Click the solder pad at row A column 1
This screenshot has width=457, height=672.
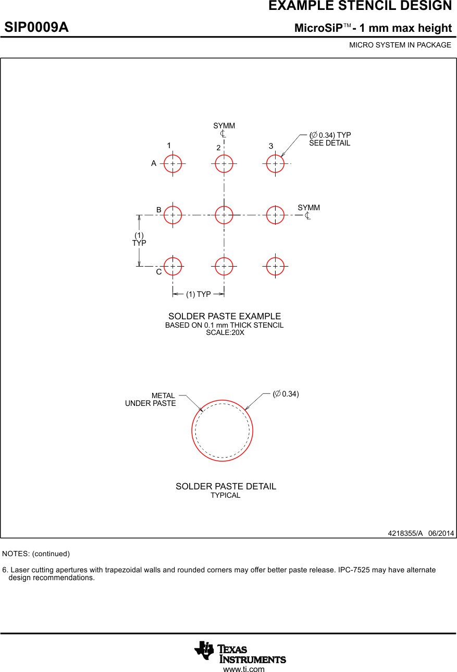click(x=172, y=163)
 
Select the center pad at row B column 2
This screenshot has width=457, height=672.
click(x=224, y=214)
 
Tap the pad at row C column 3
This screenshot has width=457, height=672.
click(x=275, y=266)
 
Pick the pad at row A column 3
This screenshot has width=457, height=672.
click(x=275, y=163)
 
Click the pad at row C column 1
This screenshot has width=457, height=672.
click(x=172, y=266)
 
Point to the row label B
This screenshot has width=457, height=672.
click(x=159, y=210)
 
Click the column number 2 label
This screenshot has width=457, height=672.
click(x=219, y=148)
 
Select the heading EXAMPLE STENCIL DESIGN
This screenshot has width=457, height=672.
click(x=360, y=6)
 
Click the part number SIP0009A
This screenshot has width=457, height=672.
click(x=36, y=28)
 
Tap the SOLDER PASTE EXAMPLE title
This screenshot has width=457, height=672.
click(x=224, y=316)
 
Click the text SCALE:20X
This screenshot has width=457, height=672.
click(x=225, y=332)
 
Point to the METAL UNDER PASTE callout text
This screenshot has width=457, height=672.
click(x=151, y=400)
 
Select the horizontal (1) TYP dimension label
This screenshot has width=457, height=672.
click(x=198, y=294)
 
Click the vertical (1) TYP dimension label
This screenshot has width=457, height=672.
click(x=139, y=239)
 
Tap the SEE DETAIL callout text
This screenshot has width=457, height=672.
click(x=329, y=143)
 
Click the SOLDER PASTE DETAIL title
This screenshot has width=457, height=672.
click(x=226, y=486)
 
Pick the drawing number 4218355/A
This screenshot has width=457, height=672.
click(x=405, y=533)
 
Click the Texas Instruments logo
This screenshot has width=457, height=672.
click(x=240, y=652)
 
